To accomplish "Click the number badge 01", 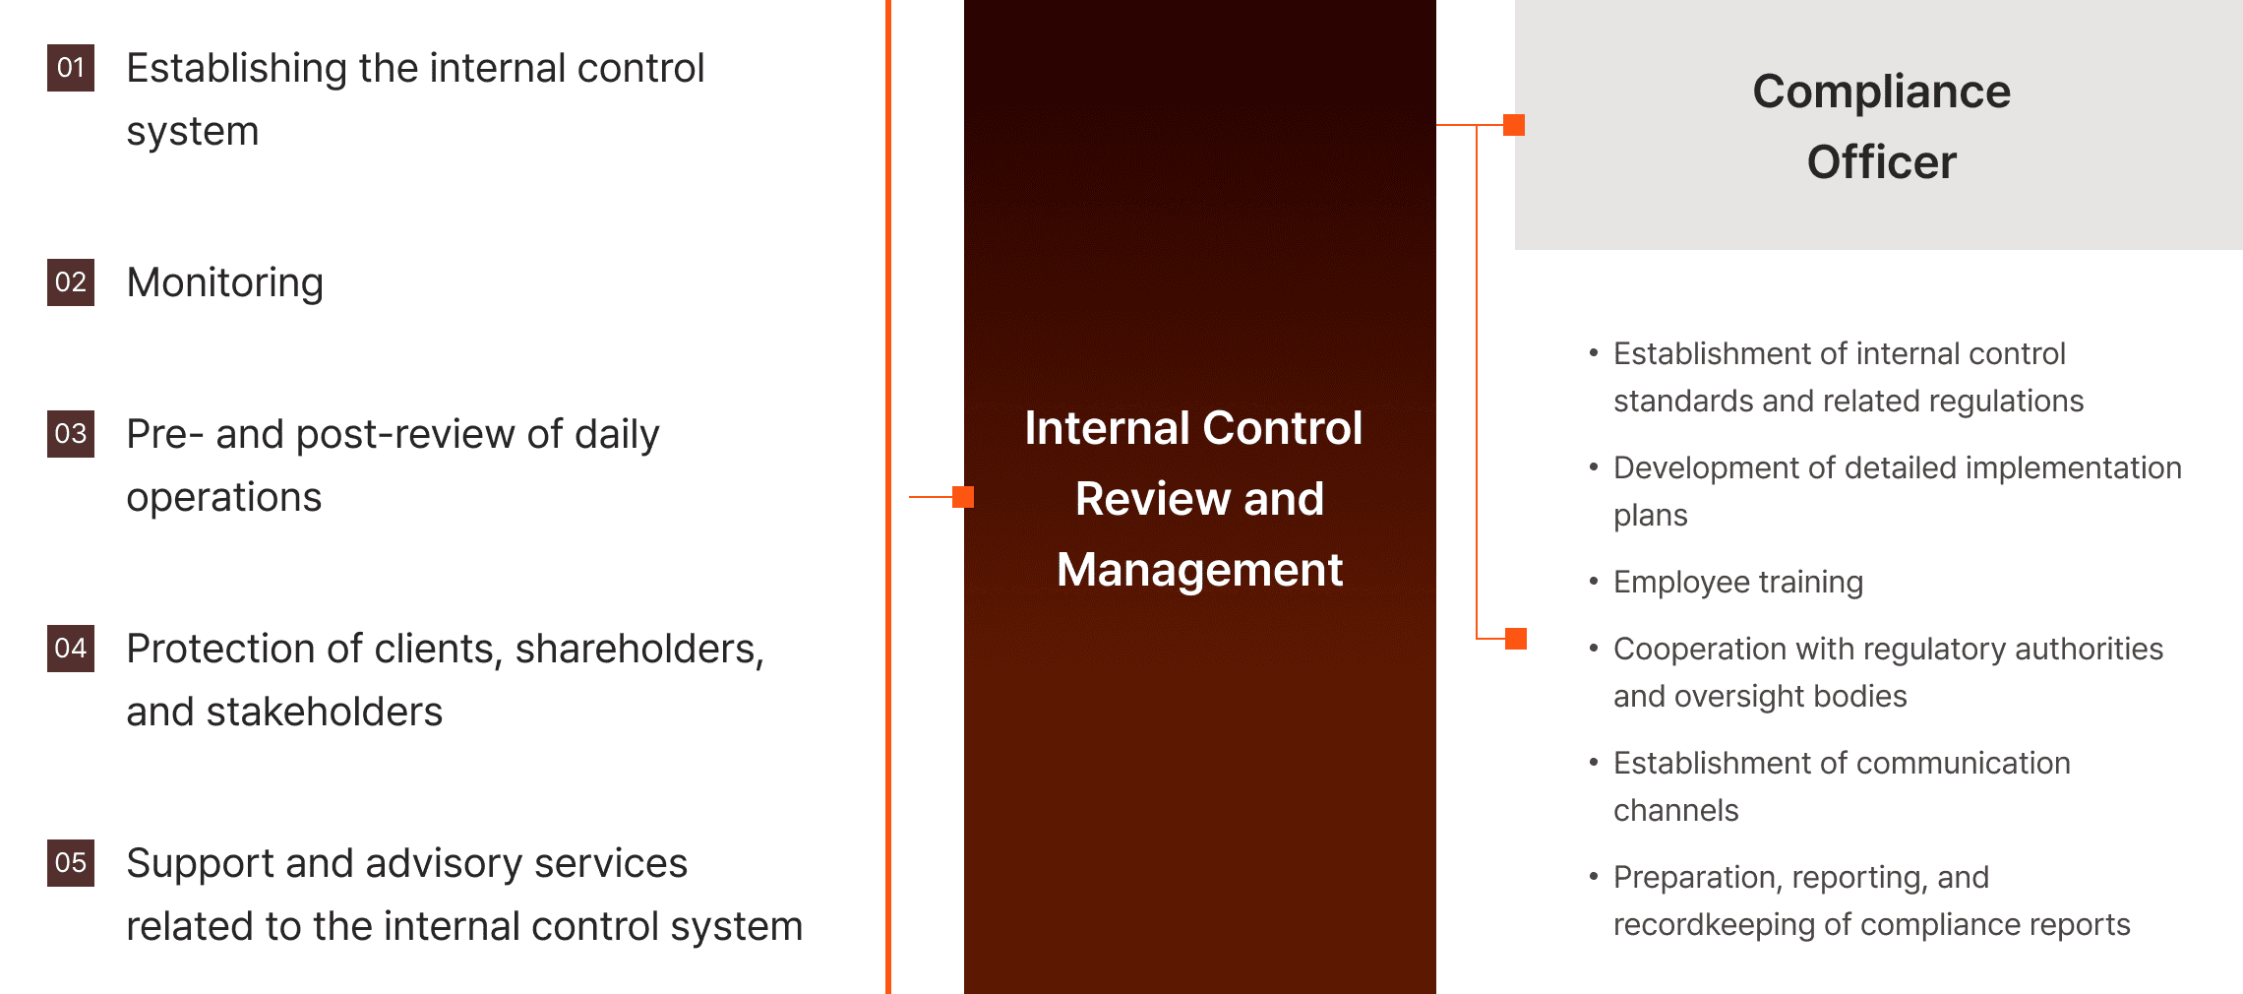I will (71, 68).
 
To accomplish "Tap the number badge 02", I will (71, 282).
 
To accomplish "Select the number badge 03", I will (71, 434).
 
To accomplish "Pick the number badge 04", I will (71, 649).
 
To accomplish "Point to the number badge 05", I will (71, 863).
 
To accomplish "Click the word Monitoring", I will (224, 283).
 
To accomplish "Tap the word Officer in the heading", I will (1881, 162).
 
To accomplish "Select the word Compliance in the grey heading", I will (1881, 92).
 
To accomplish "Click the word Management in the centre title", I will (1199, 570).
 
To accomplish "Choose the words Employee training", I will (1737, 583).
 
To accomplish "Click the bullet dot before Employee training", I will (1594, 581).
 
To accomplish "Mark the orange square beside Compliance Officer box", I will (1514, 125).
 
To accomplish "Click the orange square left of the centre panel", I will (963, 497).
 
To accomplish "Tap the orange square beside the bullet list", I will (1516, 639).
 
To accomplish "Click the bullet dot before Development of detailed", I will (1594, 466).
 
